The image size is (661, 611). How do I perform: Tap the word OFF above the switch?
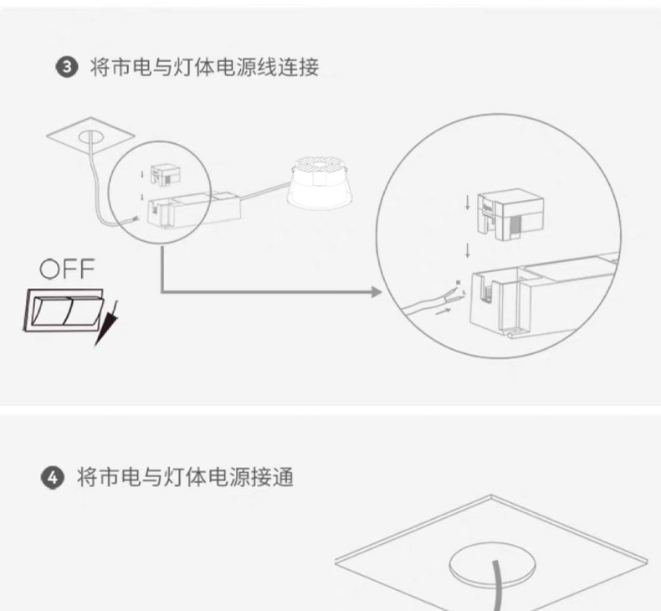tap(69, 270)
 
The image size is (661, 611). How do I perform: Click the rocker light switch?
tap(64, 309)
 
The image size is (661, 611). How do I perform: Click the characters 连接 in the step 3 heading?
tap(299, 68)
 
